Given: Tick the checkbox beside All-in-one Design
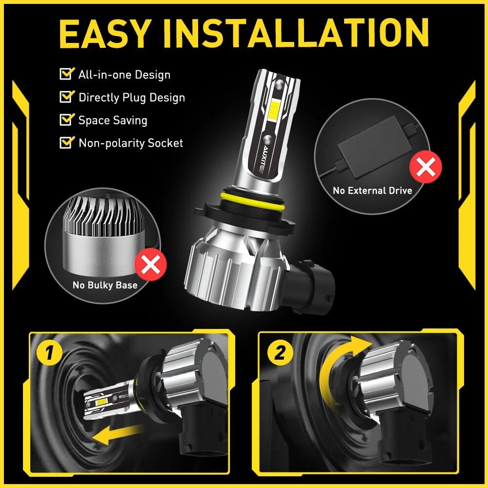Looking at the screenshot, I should pos(65,74).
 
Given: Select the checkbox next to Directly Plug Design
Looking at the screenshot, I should pos(65,97).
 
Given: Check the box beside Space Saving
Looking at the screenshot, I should pos(65,120).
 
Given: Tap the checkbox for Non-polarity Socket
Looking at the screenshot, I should pos(65,142).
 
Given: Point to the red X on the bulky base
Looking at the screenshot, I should pos(151,265).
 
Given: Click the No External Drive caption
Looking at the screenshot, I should pos(372,190).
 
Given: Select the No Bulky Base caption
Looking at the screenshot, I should pos(105,285).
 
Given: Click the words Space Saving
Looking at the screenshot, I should pos(113,120).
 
